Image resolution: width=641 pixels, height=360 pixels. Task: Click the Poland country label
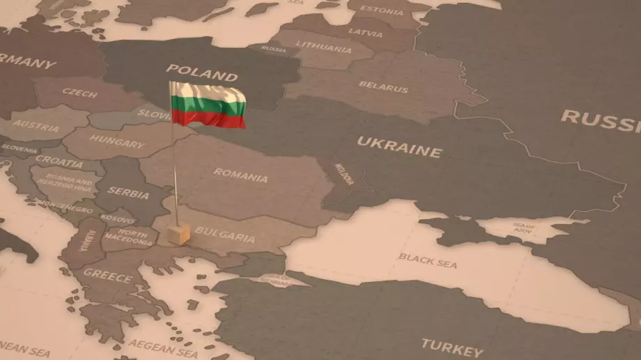(x=201, y=72)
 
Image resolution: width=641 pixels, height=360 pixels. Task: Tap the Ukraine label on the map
(x=399, y=147)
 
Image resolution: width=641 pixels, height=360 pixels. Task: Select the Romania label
(x=240, y=175)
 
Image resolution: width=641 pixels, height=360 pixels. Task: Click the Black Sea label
(x=428, y=260)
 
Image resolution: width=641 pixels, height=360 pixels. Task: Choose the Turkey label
(x=451, y=346)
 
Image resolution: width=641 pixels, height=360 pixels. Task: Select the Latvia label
(x=365, y=32)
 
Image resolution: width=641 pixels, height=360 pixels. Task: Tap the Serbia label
(x=128, y=193)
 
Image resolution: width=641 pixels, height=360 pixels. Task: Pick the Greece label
(x=108, y=276)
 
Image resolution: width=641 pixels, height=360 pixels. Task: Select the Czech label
(x=80, y=92)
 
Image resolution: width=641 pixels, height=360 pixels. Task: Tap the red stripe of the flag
(x=208, y=120)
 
